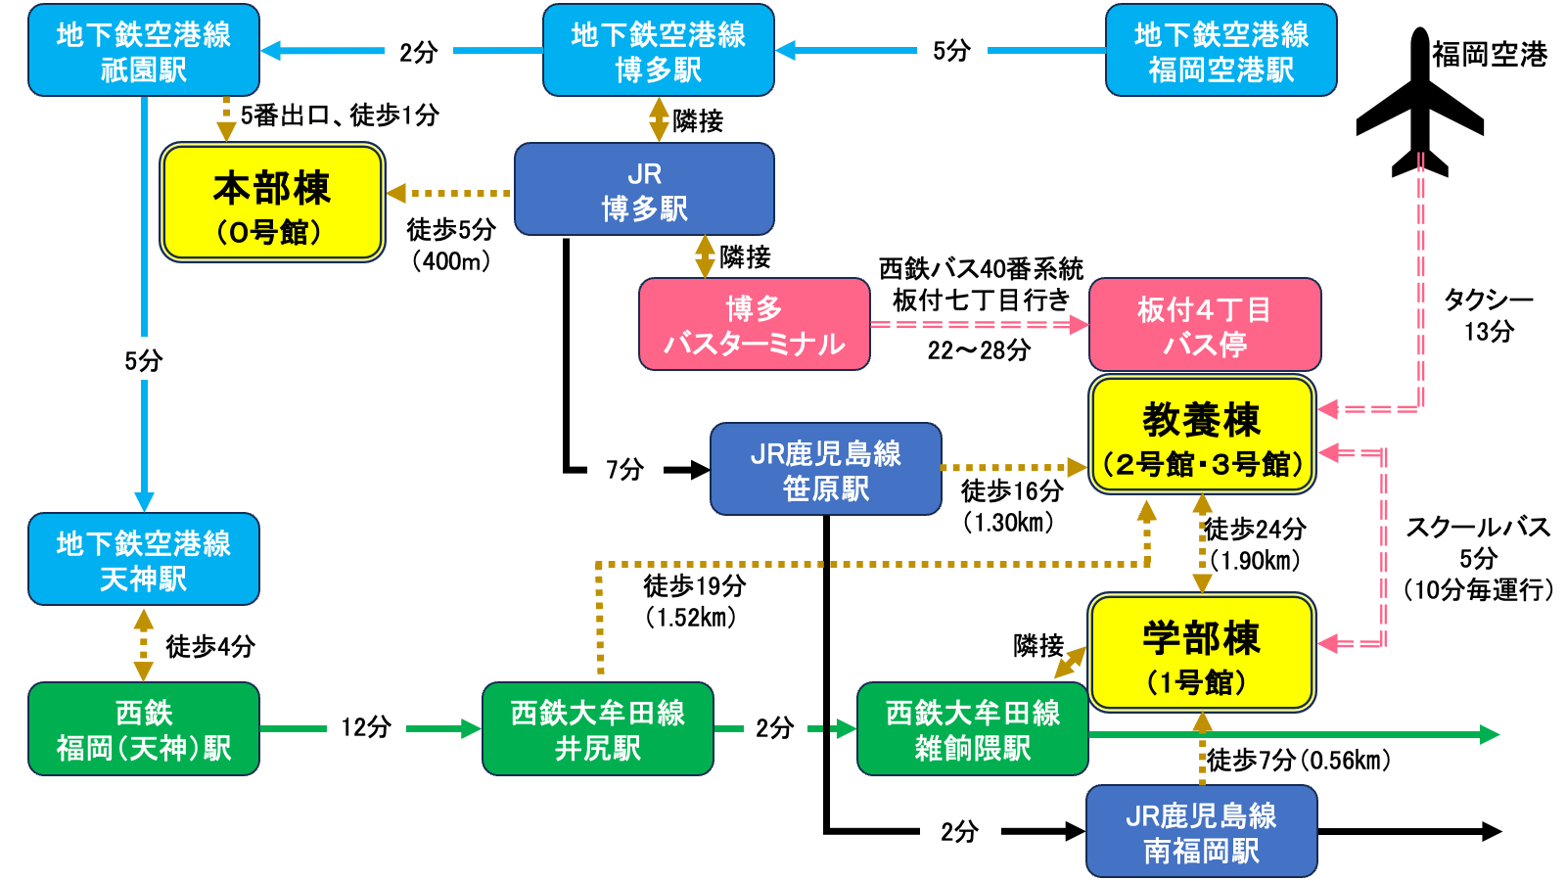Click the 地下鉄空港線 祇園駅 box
pyautogui.click(x=143, y=51)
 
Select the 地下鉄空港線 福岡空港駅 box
pyautogui.click(x=1221, y=51)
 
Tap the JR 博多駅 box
pyautogui.click(x=644, y=190)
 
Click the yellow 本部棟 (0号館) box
pyautogui.click(x=272, y=204)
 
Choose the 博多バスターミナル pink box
pyautogui.click(x=754, y=325)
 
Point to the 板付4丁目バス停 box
pyautogui.click(x=1204, y=325)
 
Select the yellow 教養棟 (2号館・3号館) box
pyautogui.click(x=1202, y=436)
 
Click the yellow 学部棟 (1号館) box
pyautogui.click(x=1202, y=653)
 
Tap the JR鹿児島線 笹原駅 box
pyautogui.click(x=825, y=470)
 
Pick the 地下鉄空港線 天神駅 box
pyautogui.click(x=143, y=560)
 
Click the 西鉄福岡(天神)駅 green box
pyautogui.click(x=143, y=729)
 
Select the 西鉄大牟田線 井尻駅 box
pyautogui.click(x=597, y=729)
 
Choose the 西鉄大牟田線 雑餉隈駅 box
pyautogui.click(x=972, y=729)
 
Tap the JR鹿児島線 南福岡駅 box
pyautogui.click(x=1201, y=832)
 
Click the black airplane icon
pyautogui.click(x=1419, y=108)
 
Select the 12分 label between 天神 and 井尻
pyautogui.click(x=366, y=727)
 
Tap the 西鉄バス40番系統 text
pyautogui.click(x=981, y=268)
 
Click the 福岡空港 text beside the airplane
pyautogui.click(x=1490, y=55)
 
